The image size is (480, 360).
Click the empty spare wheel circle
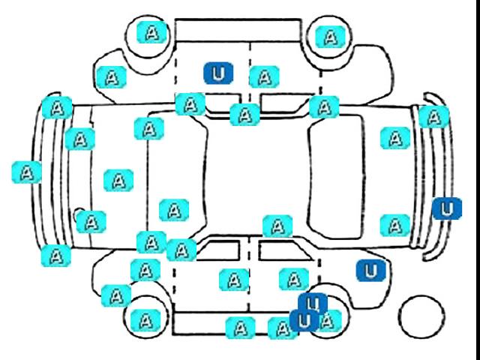(x=421, y=317)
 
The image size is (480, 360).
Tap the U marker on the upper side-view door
(x=218, y=73)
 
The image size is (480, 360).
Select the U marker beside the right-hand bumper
(x=447, y=208)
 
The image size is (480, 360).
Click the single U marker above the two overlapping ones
(x=370, y=271)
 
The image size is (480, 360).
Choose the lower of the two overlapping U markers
(x=304, y=320)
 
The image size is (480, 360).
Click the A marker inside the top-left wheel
(x=152, y=32)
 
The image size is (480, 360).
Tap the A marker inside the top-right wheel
(x=330, y=37)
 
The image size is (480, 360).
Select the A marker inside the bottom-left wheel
(x=145, y=320)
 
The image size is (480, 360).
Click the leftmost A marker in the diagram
(x=27, y=172)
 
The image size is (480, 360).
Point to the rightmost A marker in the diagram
(x=434, y=117)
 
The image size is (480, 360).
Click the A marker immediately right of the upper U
(x=265, y=76)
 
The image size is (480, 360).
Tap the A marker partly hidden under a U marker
(x=329, y=321)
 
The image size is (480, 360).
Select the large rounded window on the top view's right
(x=336, y=177)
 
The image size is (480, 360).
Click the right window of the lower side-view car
(x=285, y=250)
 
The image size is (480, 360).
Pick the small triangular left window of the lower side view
(x=218, y=250)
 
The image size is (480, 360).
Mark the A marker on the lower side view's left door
(x=235, y=280)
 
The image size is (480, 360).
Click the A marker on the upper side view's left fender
(x=112, y=77)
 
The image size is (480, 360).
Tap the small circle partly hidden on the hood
(x=79, y=215)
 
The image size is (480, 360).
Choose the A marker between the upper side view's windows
(x=245, y=115)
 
